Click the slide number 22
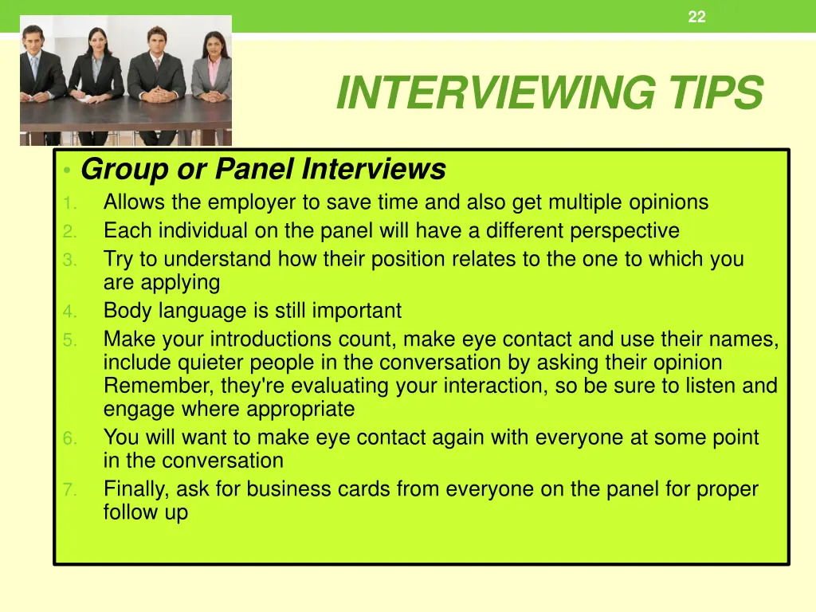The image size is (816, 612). coord(696,17)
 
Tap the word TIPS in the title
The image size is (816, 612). coord(715,93)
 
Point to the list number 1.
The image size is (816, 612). coord(69,203)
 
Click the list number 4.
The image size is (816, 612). coord(69,312)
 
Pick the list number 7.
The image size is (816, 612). coord(69,490)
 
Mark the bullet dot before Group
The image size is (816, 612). coord(69,171)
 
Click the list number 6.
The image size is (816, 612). coord(69,438)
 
